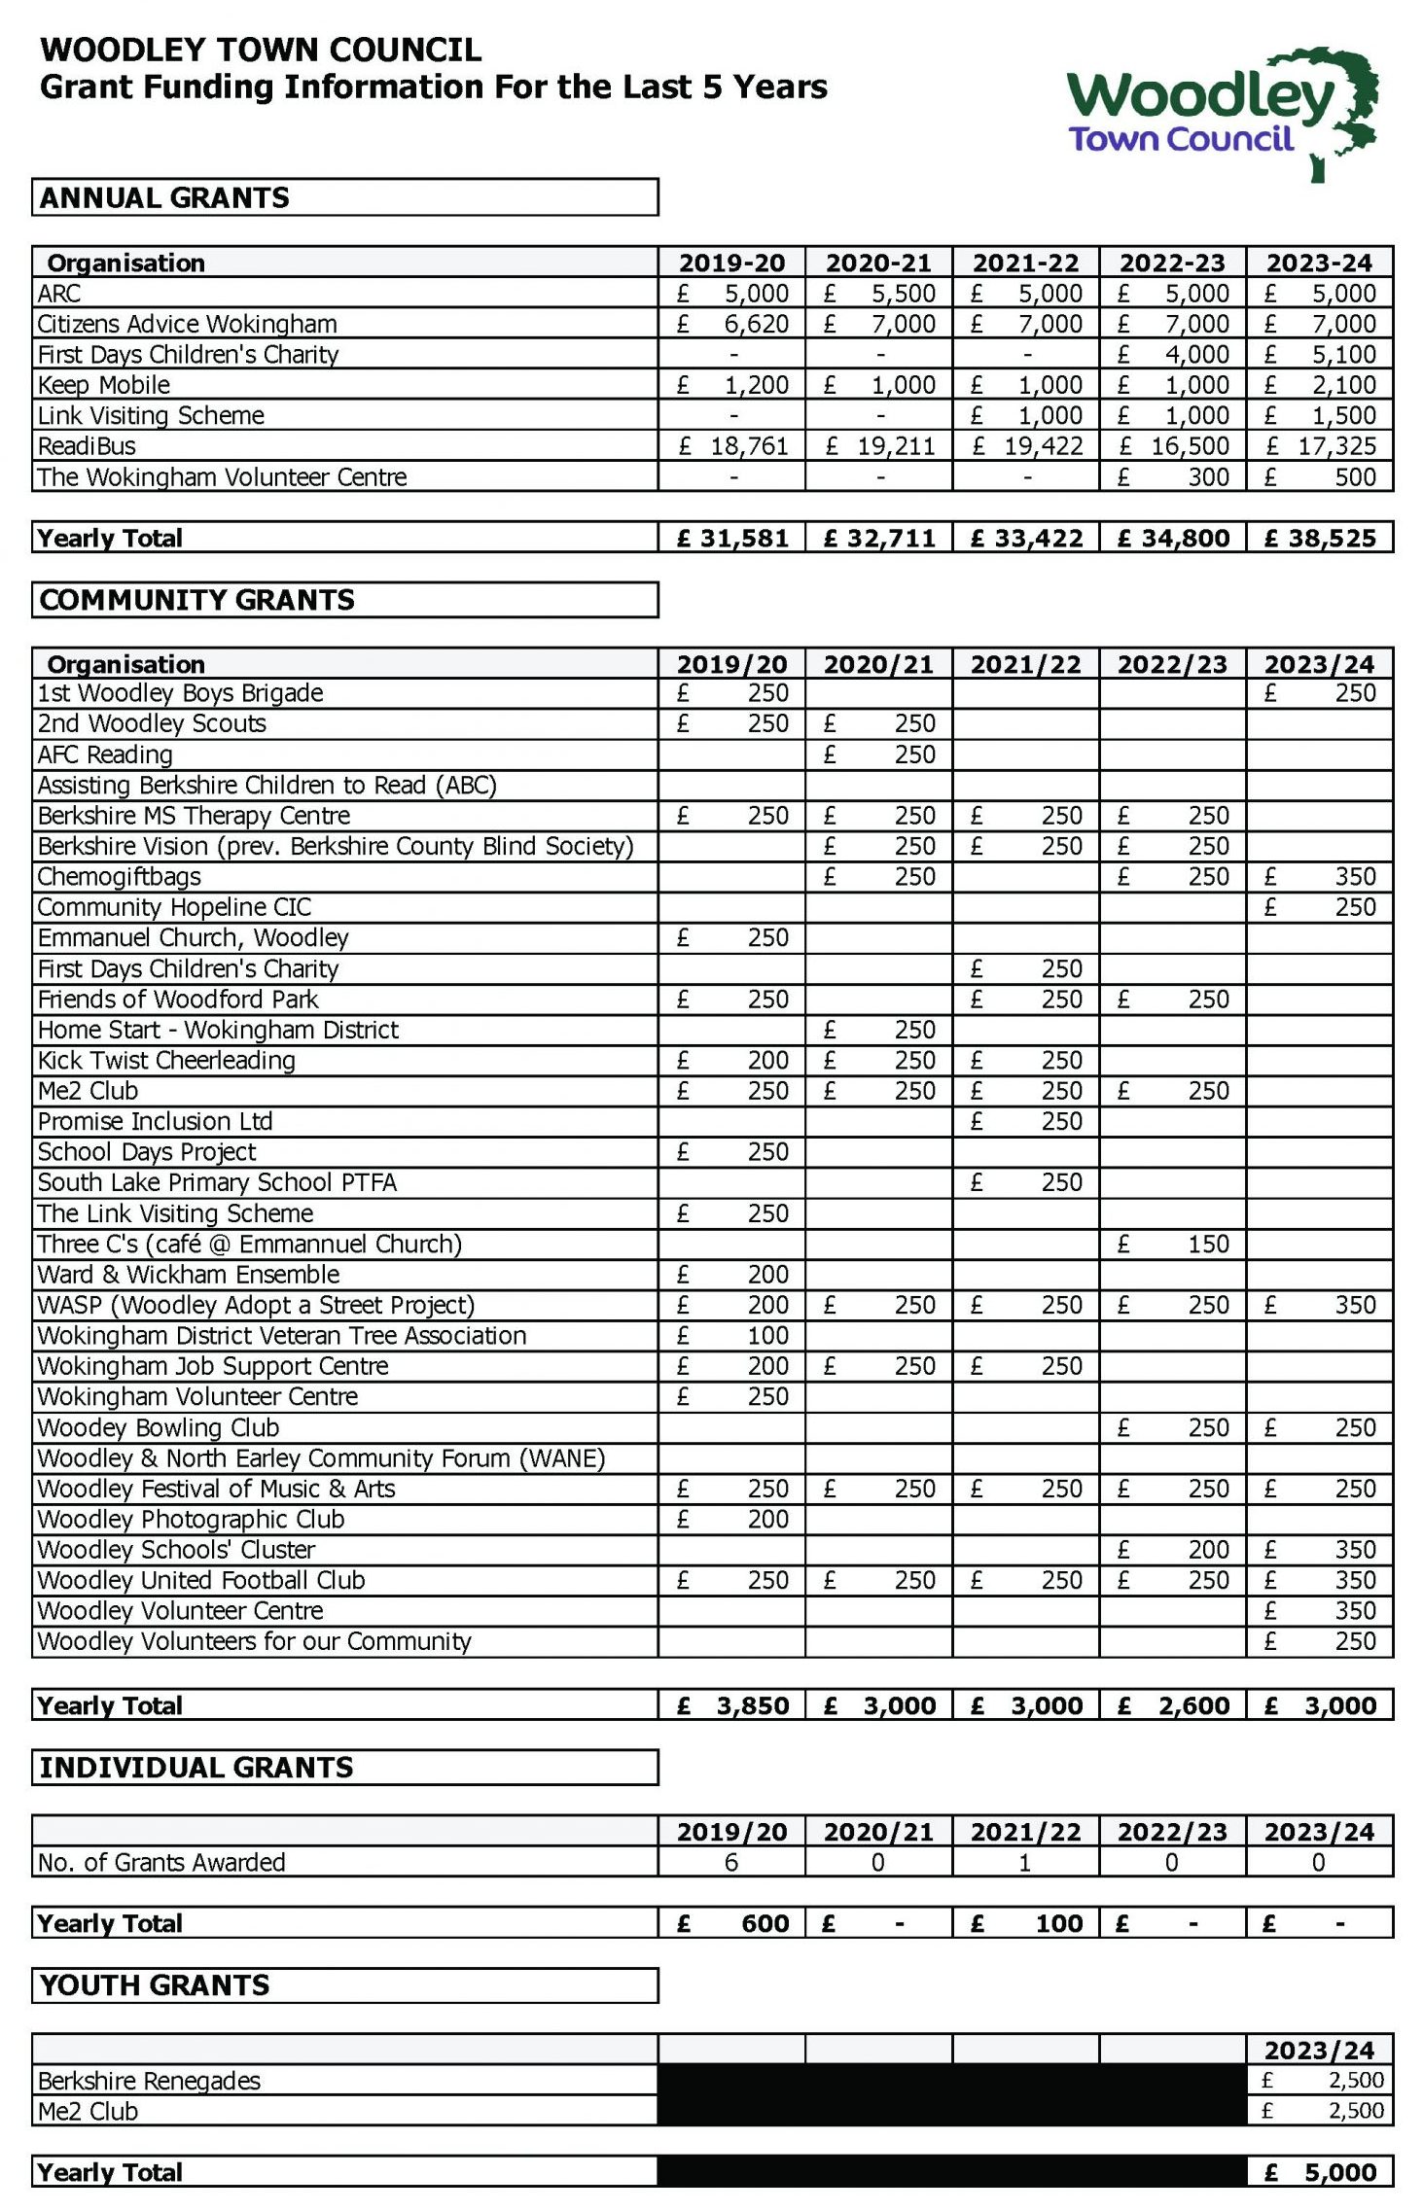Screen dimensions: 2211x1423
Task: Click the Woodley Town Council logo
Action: point(1221,112)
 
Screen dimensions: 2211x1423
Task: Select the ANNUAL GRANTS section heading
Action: point(164,197)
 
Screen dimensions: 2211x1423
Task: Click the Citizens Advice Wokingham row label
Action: point(187,324)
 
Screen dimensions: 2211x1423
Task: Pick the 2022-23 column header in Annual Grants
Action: point(1172,263)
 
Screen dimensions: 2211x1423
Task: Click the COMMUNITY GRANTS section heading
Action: point(197,600)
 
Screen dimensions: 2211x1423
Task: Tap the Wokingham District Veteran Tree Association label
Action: point(281,1335)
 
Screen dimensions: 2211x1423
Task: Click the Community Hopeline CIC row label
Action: point(174,907)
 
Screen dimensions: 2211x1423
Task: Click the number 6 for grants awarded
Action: point(731,1862)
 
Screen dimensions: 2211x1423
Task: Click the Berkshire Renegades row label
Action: point(149,2081)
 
